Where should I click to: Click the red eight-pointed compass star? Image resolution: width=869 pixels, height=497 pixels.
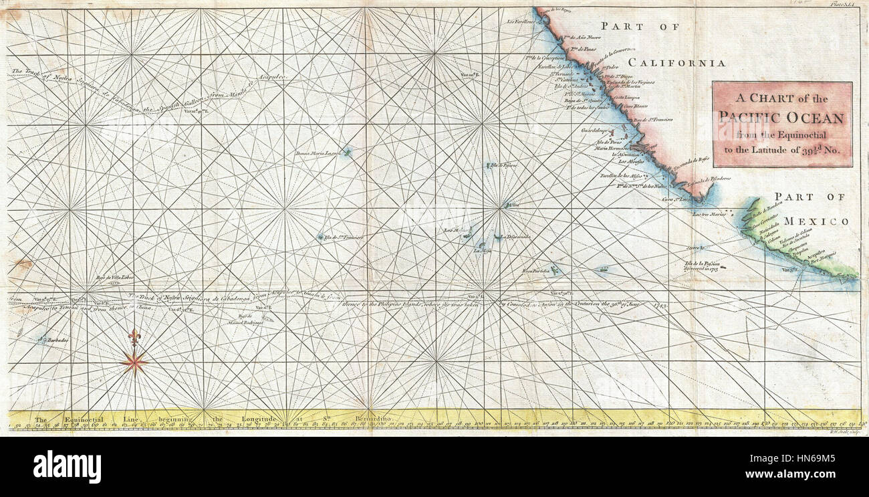[x=134, y=363]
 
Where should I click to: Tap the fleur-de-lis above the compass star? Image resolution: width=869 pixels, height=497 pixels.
[x=135, y=338]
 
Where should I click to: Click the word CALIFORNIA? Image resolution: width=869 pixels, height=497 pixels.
[x=676, y=63]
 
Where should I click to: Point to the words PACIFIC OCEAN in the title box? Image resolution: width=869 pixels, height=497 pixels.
[x=781, y=118]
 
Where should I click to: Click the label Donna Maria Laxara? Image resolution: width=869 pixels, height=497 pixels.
[x=318, y=153]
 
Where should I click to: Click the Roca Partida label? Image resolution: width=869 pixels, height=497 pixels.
[x=535, y=271]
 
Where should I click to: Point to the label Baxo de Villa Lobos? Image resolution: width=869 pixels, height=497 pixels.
[x=112, y=277]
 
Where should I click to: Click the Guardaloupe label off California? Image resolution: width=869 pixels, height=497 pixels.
[x=594, y=132]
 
